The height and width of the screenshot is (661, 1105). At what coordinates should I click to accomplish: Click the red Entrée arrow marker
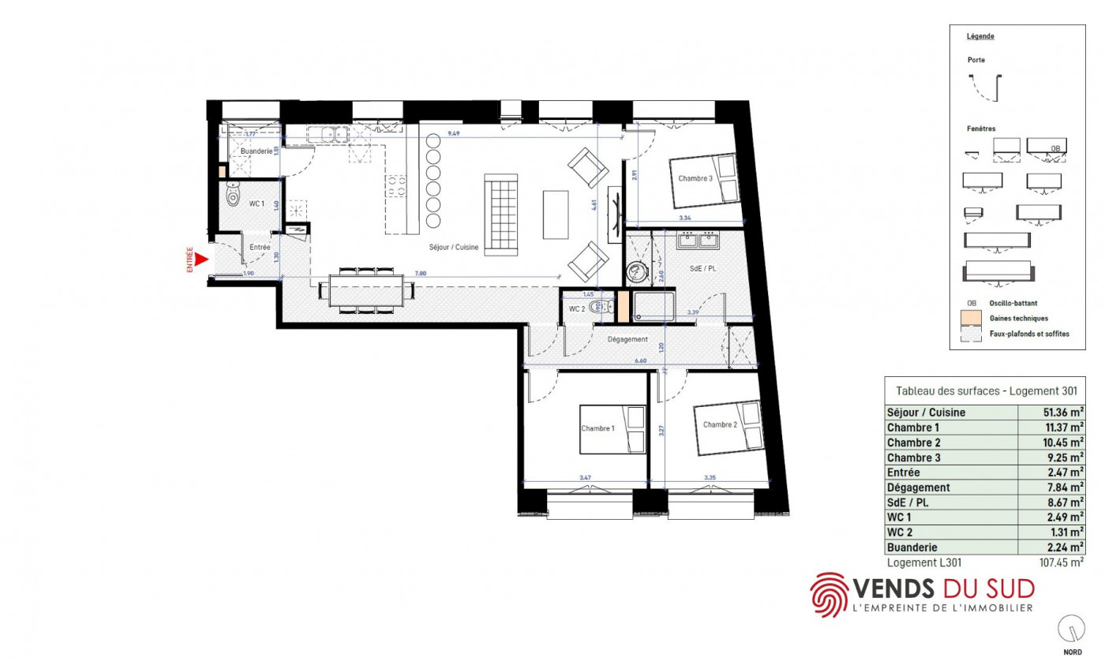200,259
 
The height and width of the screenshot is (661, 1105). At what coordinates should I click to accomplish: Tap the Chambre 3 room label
695,179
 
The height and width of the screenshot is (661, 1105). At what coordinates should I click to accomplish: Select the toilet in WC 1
233,193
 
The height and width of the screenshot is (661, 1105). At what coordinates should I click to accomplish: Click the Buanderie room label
257,151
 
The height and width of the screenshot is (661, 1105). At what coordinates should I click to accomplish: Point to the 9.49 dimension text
454,135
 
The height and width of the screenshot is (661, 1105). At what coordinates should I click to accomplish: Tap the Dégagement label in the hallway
627,340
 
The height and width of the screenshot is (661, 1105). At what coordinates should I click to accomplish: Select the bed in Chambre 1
613,430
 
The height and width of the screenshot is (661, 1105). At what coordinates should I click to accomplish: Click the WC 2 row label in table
900,532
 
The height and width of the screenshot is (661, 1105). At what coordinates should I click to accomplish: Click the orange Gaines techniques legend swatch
970,319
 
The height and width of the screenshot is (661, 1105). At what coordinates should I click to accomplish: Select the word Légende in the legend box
980,36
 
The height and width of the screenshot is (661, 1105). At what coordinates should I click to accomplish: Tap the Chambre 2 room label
719,424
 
